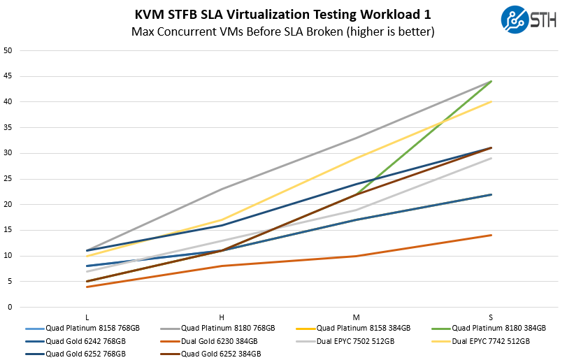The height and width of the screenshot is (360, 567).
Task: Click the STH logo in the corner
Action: (529, 20)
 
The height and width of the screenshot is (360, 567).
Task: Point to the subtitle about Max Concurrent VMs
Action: (282, 31)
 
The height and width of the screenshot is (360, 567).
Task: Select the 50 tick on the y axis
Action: (8, 50)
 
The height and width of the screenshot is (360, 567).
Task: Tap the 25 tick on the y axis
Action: (8, 179)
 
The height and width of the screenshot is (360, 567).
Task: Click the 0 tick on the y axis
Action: (10, 307)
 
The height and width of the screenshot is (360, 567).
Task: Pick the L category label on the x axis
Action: (87, 317)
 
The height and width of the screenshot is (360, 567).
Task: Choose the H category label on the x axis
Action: (222, 317)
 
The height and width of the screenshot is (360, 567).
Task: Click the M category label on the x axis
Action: (357, 317)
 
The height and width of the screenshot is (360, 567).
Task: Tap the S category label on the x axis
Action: (491, 317)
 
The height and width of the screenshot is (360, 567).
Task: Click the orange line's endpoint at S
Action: (491, 235)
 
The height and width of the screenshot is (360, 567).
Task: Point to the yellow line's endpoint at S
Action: (491, 101)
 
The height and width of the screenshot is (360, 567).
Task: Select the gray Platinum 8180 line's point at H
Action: (222, 189)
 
